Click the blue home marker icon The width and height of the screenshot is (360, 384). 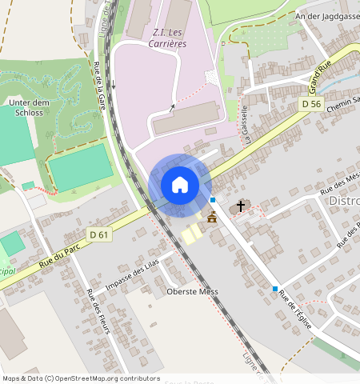point(180,185)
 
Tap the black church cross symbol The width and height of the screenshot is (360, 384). point(240,206)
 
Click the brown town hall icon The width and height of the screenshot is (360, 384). point(212,218)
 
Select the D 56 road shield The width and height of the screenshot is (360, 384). point(312,105)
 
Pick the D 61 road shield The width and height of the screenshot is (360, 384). point(98,234)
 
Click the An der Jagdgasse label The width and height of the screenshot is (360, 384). point(327,16)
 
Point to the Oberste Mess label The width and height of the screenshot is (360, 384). point(192,291)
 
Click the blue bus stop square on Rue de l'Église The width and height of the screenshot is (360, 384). point(275,289)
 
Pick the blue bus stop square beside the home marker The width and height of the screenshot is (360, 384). point(213,199)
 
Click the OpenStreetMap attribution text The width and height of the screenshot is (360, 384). point(81,378)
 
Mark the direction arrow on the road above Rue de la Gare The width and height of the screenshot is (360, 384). point(114,84)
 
